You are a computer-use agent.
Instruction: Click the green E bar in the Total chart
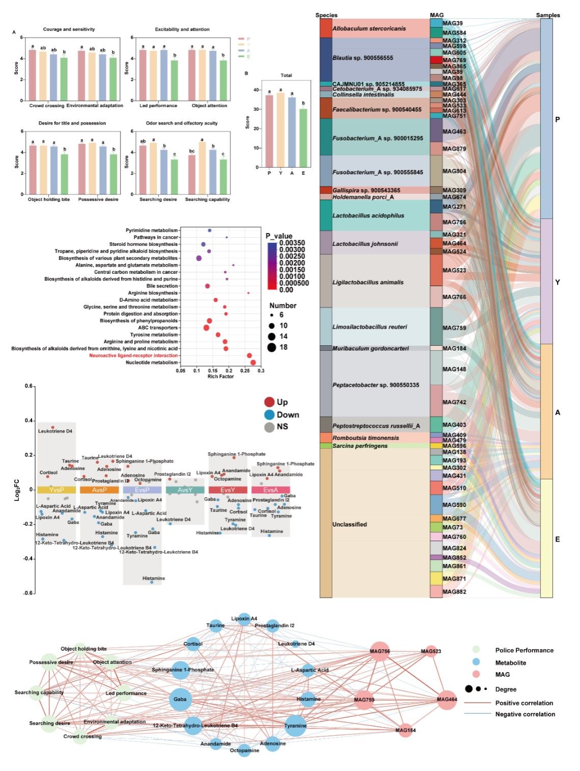[x=303, y=138]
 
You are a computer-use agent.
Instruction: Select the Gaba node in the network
[x=180, y=699]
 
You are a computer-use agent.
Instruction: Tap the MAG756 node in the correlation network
[x=379, y=651]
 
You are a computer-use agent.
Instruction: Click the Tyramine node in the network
[x=296, y=725]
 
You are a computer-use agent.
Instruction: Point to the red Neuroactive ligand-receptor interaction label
[x=134, y=355]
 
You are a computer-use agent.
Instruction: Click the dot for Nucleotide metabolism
[x=253, y=363]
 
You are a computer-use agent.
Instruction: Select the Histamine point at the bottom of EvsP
[x=152, y=582]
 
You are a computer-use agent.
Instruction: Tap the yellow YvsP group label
[x=57, y=490]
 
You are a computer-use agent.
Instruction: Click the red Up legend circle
[x=269, y=402]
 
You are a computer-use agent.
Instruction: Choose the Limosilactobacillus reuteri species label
[x=370, y=327]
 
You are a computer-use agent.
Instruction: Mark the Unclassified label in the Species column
[x=350, y=524]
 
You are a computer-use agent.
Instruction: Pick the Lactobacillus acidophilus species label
[x=368, y=216]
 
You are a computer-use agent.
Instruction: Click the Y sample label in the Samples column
[x=557, y=282]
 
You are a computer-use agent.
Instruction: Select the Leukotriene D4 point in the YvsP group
[x=52, y=427]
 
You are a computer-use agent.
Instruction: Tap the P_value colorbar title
[x=279, y=236]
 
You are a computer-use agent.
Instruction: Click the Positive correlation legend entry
[x=524, y=703]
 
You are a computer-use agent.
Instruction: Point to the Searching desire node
[x=49, y=723]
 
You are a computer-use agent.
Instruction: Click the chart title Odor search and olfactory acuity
[x=181, y=123]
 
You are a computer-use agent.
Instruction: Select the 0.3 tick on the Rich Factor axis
[x=261, y=371]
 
